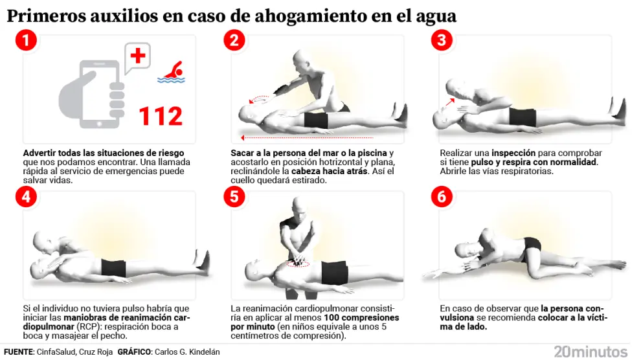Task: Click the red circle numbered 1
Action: (26, 40)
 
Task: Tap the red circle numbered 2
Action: (234, 40)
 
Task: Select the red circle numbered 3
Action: (442, 40)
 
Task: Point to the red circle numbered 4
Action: (26, 197)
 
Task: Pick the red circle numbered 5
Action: (234, 197)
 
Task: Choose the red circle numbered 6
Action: (442, 197)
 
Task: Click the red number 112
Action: (161, 117)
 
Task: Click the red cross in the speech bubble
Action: (138, 56)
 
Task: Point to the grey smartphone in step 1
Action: (100, 95)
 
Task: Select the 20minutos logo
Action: (590, 352)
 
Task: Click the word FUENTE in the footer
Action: (19, 352)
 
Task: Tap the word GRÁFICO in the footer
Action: (134, 352)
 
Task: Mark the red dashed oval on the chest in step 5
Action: (298, 264)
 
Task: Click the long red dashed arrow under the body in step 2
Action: (307, 138)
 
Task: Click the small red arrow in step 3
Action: (450, 102)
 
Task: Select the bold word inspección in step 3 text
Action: (513, 153)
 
